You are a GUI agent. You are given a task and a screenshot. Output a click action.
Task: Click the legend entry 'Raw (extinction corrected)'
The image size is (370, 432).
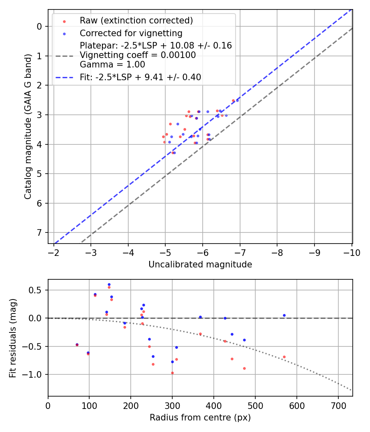(136, 21)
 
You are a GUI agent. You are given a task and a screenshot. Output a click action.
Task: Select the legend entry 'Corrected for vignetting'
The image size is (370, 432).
(131, 33)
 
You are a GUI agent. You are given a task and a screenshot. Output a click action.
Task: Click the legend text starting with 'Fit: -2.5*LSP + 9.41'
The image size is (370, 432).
(140, 77)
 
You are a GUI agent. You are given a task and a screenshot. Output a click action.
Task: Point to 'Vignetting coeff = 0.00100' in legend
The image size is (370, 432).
(138, 55)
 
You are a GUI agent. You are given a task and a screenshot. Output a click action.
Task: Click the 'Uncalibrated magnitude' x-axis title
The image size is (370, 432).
(200, 265)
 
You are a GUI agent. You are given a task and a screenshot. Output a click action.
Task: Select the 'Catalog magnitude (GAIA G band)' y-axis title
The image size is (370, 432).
(28, 127)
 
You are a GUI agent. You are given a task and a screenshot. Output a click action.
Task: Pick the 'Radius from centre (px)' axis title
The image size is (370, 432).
(200, 418)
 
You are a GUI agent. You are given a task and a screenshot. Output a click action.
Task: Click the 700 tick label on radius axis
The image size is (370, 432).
(338, 406)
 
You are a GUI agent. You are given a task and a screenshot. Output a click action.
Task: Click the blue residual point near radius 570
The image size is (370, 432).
(284, 315)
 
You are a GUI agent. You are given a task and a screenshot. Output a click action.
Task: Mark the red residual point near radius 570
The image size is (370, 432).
(284, 357)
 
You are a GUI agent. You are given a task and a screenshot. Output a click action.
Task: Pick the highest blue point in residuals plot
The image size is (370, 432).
(109, 284)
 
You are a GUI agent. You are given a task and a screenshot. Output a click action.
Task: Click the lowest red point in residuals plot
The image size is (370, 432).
(172, 373)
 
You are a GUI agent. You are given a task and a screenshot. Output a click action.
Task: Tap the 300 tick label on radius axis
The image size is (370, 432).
(172, 406)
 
